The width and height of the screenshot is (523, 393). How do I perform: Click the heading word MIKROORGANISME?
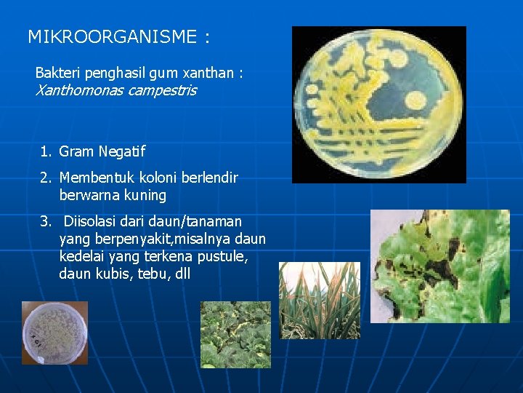click(x=110, y=36)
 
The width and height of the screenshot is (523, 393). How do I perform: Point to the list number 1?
click(x=46, y=151)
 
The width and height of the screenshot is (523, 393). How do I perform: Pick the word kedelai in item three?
click(x=81, y=257)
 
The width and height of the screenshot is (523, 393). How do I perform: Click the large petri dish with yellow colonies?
click(x=378, y=104)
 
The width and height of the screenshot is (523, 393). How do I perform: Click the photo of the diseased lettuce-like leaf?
click(x=439, y=266)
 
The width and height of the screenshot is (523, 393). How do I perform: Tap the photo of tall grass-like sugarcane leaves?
click(x=320, y=300)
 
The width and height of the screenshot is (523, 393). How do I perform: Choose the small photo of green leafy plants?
click(x=235, y=334)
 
